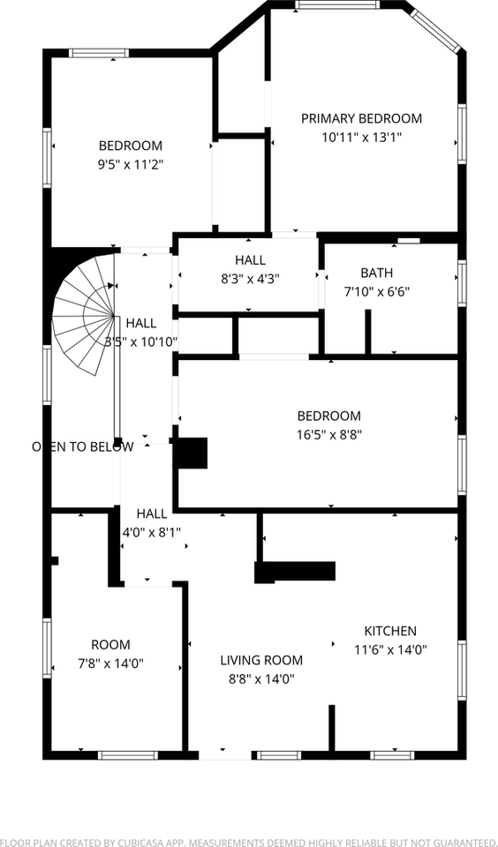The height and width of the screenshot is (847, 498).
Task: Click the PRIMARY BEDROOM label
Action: click(361, 118)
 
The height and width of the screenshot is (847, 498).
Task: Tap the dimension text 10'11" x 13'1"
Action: click(361, 137)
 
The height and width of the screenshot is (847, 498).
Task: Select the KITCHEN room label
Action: click(390, 631)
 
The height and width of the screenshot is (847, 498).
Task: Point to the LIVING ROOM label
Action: click(261, 660)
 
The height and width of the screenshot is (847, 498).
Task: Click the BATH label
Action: click(377, 273)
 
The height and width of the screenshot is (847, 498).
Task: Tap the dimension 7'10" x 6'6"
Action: click(377, 291)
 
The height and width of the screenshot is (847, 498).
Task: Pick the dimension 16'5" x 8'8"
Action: click(329, 434)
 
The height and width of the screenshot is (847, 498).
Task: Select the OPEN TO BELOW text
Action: click(83, 446)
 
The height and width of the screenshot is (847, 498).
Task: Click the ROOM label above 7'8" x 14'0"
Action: click(110, 645)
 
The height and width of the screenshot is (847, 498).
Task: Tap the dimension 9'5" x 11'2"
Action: click(131, 164)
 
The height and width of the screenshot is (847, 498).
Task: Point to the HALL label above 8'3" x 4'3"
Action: click(250, 259)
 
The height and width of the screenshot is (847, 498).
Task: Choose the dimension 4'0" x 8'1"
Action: click(151, 532)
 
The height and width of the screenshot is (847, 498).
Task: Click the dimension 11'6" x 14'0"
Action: click(390, 649)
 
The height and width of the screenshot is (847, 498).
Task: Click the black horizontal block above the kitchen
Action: click(296, 572)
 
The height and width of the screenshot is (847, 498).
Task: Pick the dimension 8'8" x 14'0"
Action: click(261, 678)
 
